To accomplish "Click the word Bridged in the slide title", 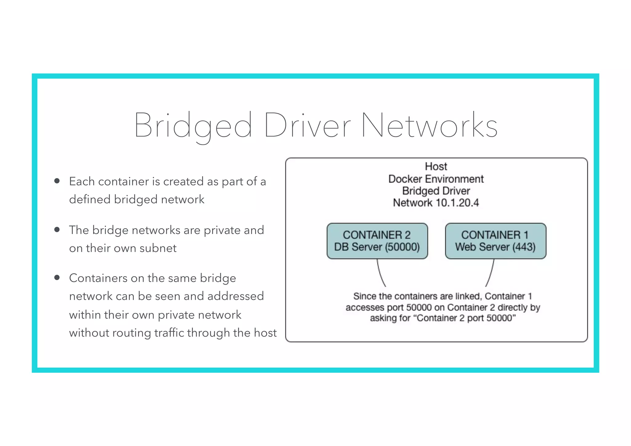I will pyautogui.click(x=193, y=126).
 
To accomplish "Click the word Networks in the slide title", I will pyautogui.click(x=429, y=126).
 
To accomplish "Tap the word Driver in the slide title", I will pyautogui.click(x=307, y=126).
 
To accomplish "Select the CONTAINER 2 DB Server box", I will pyautogui.click(x=377, y=241).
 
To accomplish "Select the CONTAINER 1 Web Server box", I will pyautogui.click(x=495, y=241).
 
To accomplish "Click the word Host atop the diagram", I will pyautogui.click(x=436, y=167).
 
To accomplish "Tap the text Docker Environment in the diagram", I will pyautogui.click(x=436, y=179).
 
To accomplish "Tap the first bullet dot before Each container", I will pyautogui.click(x=57, y=181).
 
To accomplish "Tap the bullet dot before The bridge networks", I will pyautogui.click(x=57, y=229).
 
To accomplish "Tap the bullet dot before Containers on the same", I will pyautogui.click(x=57, y=278).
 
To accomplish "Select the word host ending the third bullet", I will pyautogui.click(x=265, y=333).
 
